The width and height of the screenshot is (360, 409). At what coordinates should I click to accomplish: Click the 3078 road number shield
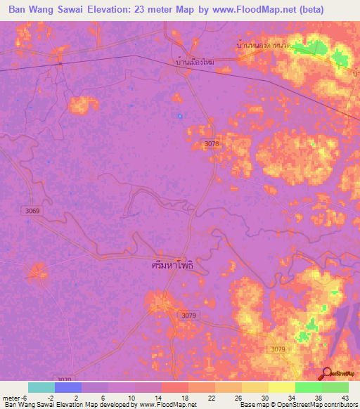click(212, 143)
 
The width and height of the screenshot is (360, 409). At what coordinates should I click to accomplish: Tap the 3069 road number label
click(32, 210)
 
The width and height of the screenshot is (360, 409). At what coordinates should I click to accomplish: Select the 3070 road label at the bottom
click(65, 378)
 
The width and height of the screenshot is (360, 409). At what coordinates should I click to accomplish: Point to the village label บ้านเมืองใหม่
click(194, 63)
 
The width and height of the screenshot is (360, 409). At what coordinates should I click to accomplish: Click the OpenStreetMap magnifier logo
click(326, 372)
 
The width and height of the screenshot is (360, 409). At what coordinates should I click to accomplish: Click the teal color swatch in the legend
click(41, 387)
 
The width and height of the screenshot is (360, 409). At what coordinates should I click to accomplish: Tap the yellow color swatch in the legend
click(282, 387)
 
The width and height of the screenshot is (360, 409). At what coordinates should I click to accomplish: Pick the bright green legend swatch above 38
click(309, 387)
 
